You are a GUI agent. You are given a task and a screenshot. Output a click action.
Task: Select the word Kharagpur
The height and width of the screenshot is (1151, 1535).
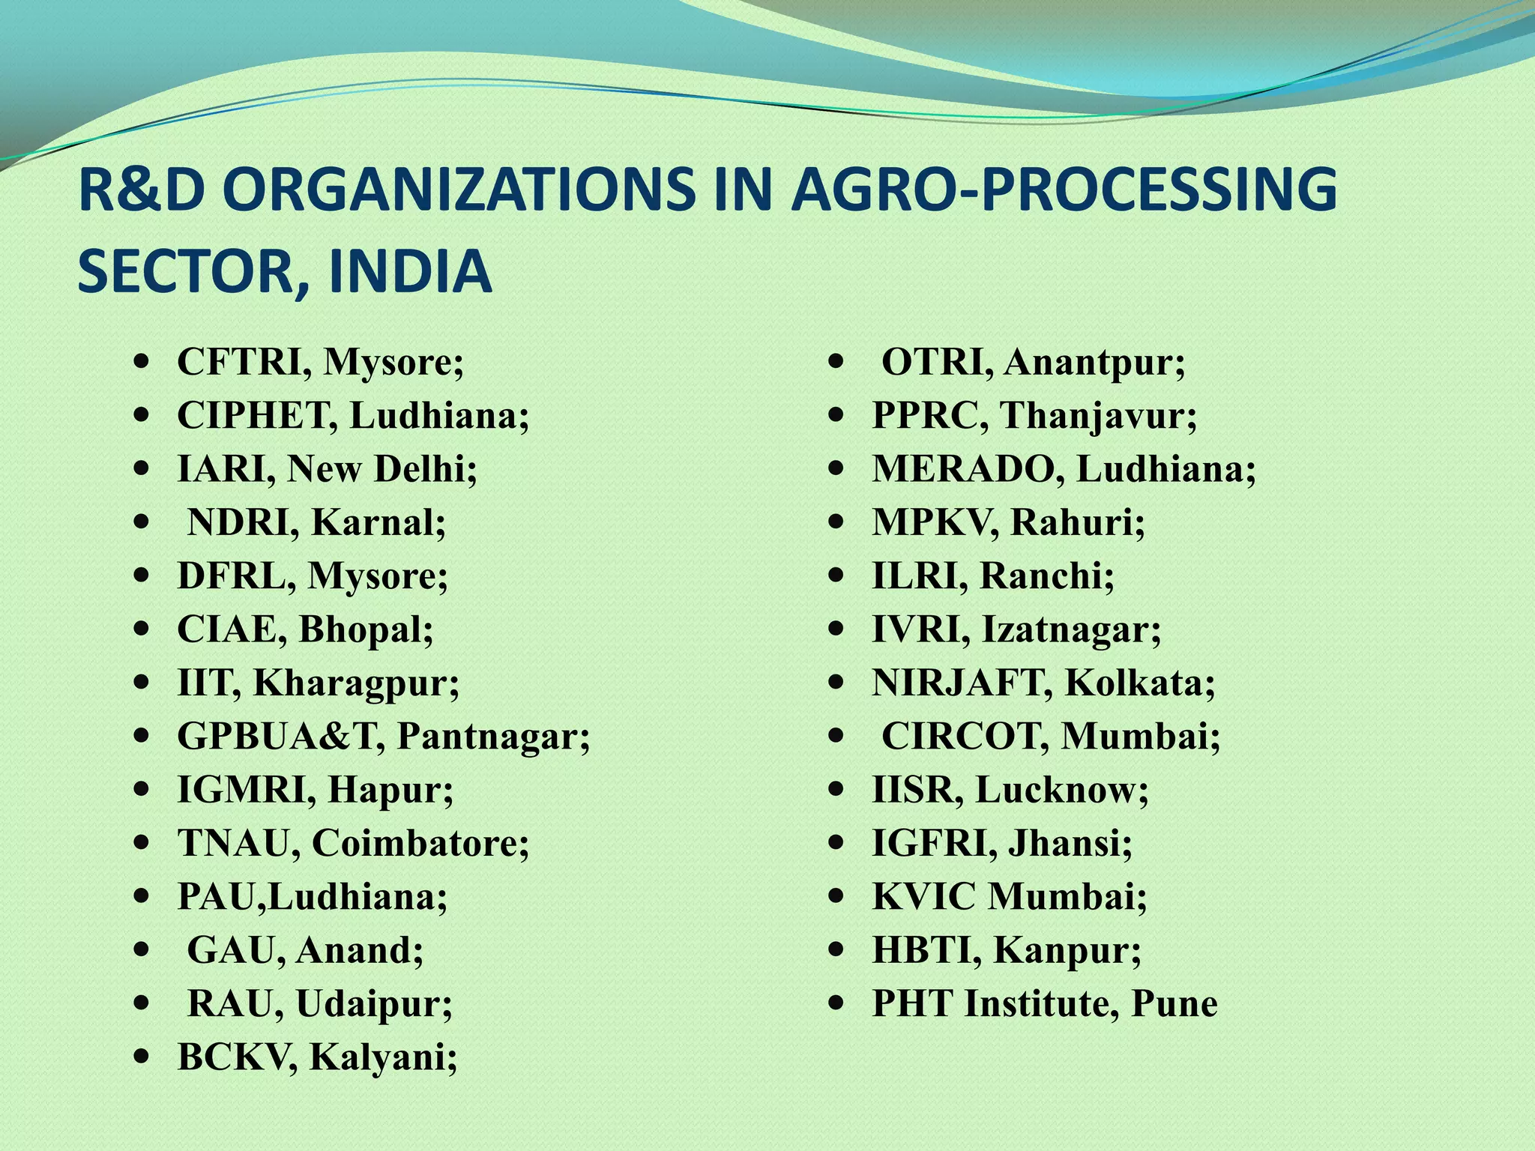(x=356, y=683)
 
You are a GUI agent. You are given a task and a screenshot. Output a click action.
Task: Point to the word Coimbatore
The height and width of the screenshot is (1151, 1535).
(x=420, y=844)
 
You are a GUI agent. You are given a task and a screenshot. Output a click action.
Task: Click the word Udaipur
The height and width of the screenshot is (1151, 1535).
(x=374, y=1005)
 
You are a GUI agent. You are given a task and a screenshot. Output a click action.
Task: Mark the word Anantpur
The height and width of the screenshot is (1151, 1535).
(x=1094, y=363)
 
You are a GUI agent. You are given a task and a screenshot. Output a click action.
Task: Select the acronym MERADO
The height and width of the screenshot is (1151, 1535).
(x=969, y=470)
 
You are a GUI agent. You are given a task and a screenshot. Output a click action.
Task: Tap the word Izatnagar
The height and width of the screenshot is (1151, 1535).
(x=1071, y=630)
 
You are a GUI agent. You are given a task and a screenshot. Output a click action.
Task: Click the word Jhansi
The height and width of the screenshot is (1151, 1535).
(x=1070, y=844)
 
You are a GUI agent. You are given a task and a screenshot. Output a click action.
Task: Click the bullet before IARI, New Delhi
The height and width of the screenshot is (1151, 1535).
(x=140, y=470)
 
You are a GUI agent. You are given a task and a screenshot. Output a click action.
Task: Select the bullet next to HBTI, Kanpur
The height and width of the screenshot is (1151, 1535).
(x=836, y=951)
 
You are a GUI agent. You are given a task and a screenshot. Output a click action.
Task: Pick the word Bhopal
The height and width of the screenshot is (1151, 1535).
(x=366, y=630)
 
